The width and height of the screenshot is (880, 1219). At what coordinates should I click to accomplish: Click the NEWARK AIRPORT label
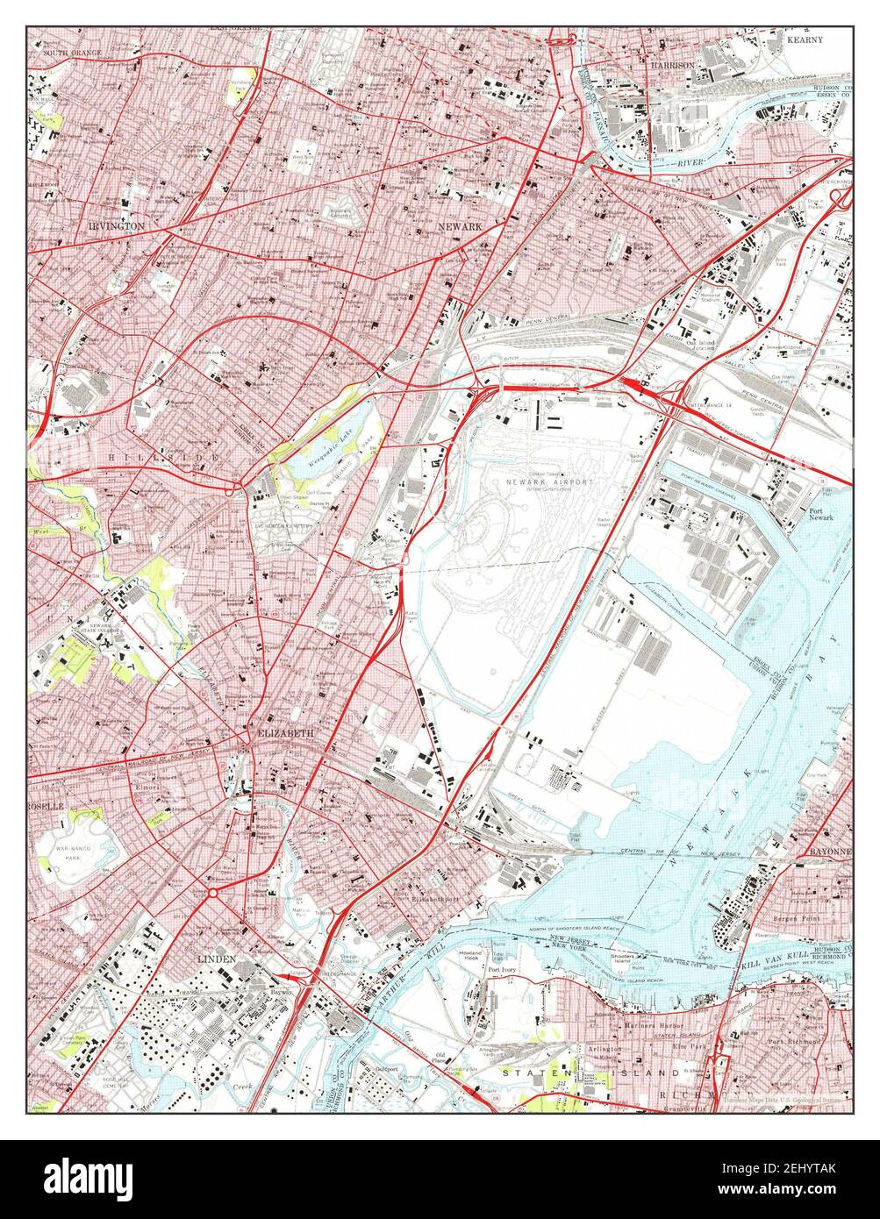[549, 482]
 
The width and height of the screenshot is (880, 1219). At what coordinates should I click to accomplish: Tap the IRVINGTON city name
[116, 225]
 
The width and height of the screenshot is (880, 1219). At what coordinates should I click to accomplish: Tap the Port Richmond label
[795, 1042]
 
